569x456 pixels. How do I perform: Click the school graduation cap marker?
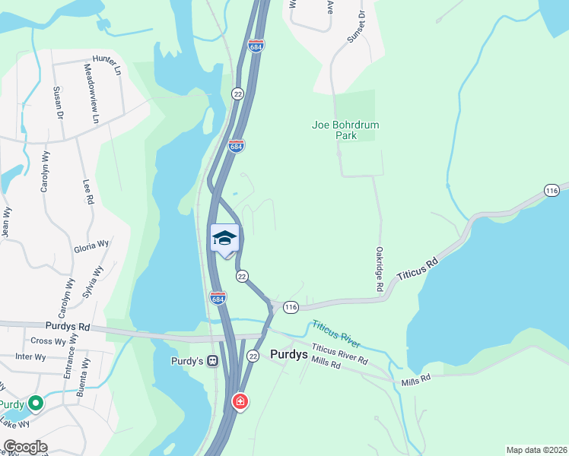224,239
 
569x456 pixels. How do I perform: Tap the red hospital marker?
240,401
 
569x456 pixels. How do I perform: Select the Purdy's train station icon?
214,361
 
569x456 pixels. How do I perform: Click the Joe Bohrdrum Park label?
345,130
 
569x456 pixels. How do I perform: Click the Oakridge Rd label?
379,269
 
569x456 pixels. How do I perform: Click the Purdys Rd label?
68,328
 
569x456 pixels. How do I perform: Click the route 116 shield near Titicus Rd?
291,307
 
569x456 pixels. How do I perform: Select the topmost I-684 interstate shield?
256,46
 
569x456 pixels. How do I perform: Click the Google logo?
25,447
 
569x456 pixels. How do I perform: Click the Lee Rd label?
88,192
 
